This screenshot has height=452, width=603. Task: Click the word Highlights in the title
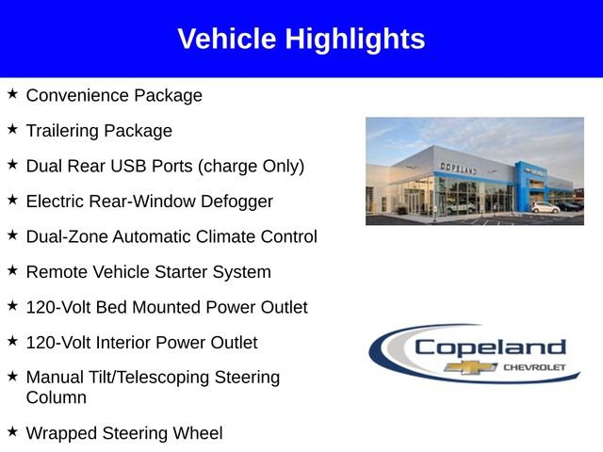point(355,39)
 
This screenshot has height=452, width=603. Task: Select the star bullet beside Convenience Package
point(12,94)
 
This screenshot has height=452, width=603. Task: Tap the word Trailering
point(64,131)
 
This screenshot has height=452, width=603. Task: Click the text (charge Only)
point(251,166)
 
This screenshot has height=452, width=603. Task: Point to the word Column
point(57,397)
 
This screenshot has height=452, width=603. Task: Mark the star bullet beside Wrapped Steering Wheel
point(12,432)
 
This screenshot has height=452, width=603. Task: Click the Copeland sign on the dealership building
point(458,168)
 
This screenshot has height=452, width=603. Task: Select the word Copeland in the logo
point(490,347)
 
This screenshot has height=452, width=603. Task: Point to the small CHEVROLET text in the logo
point(535,366)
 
